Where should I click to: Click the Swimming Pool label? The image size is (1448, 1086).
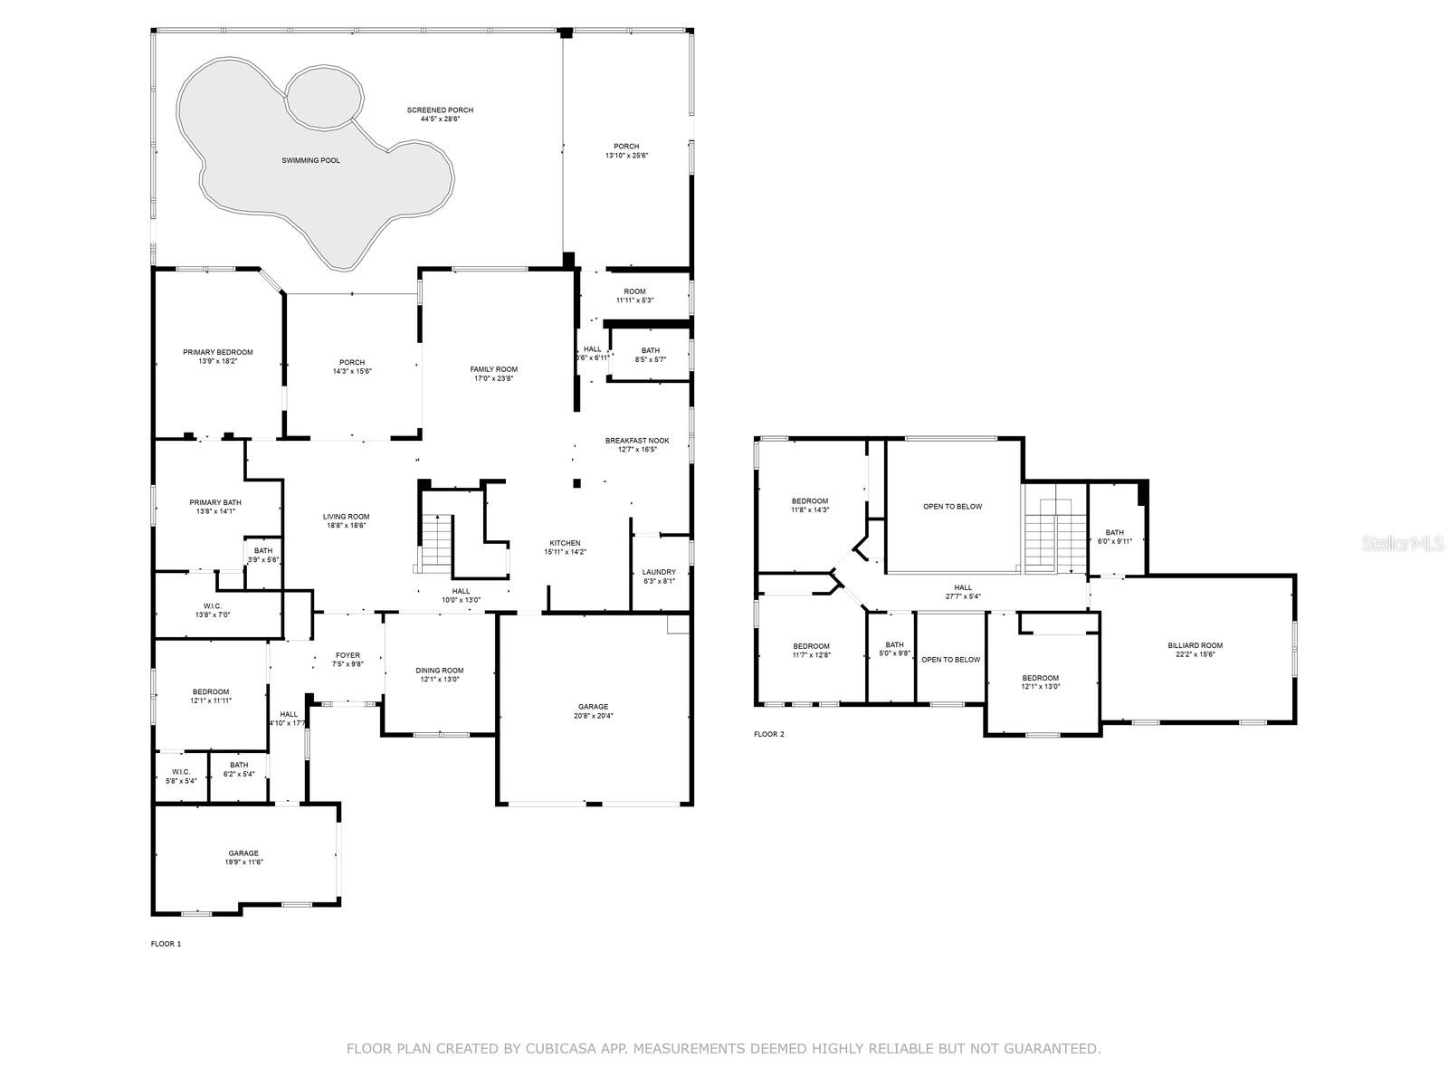click(x=310, y=160)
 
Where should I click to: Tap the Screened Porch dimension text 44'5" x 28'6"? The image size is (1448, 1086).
click(x=440, y=119)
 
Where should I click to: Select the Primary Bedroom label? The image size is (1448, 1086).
click(x=217, y=352)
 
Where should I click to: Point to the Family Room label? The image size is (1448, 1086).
click(x=493, y=369)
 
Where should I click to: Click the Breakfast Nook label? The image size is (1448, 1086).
click(x=637, y=441)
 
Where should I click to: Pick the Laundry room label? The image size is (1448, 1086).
click(x=659, y=572)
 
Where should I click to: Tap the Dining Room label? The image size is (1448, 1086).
click(x=440, y=671)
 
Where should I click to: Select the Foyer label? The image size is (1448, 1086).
click(x=348, y=655)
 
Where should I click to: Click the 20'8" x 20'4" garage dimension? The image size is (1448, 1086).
click(x=594, y=716)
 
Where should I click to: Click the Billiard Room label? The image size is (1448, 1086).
click(x=1195, y=645)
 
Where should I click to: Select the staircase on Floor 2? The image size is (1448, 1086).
click(x=1054, y=534)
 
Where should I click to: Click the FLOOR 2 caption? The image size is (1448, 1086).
click(x=769, y=734)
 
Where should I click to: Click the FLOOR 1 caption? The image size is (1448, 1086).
click(x=166, y=944)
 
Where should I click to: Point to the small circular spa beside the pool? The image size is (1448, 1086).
click(x=324, y=95)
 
